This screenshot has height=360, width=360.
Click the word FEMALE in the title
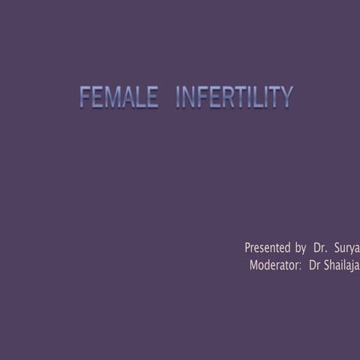tap(118, 97)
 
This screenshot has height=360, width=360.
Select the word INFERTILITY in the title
tap(234, 97)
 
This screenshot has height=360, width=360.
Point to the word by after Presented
tap(300, 247)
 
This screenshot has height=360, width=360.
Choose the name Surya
tap(346, 247)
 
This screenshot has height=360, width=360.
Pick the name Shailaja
tap(341, 265)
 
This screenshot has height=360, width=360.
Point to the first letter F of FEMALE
tap(85, 97)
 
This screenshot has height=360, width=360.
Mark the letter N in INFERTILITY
tap(188, 97)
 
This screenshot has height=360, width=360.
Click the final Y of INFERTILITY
tap(286, 97)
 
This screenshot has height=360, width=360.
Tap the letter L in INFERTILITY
tap(256, 97)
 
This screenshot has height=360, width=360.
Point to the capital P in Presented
tap(248, 247)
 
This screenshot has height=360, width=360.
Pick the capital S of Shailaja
tap(327, 265)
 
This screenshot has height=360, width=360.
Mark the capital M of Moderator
tap(253, 265)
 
